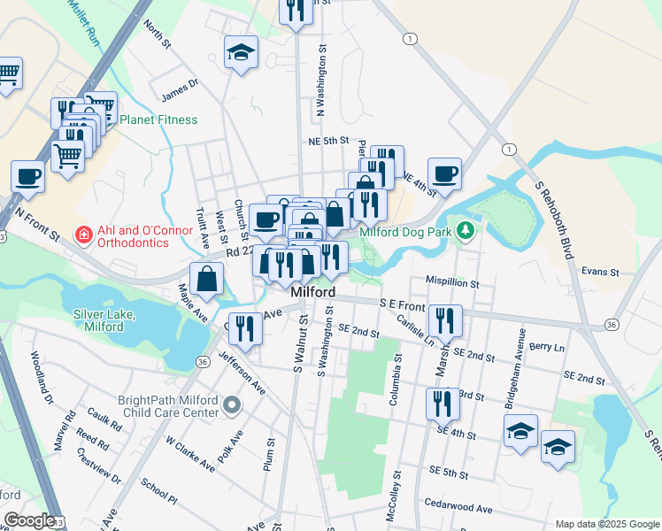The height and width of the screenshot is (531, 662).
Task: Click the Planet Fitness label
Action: coord(158,119)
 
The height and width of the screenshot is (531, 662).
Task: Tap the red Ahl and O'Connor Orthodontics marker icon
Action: coord(83,235)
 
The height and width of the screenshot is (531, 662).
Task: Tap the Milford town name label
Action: coord(312,292)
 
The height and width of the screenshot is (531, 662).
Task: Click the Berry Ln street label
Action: coord(547,348)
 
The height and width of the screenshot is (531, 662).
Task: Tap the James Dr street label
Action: coord(180,89)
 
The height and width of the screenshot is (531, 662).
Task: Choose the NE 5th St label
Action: coord(330,141)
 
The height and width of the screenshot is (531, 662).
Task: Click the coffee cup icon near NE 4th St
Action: coord(444,173)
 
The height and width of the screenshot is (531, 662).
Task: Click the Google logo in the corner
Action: coord(28,520)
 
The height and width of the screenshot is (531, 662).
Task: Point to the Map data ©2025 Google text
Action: coord(606,524)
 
